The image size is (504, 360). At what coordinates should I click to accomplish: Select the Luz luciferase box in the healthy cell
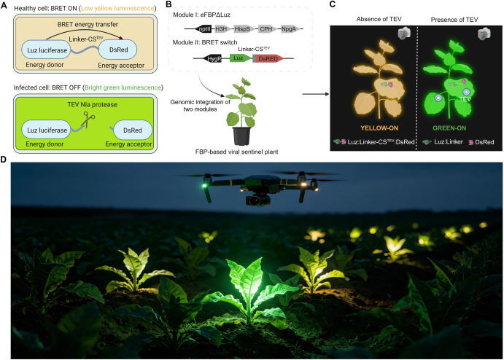click(46, 50)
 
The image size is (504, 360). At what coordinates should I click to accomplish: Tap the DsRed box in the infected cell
click(133, 130)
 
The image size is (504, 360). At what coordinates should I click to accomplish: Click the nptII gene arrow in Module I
click(203, 29)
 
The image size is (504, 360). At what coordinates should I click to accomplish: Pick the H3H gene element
click(222, 29)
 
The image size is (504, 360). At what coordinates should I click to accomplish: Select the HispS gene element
click(243, 29)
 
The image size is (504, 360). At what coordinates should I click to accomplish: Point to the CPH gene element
click(266, 29)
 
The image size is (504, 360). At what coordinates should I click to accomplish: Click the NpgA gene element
click(290, 29)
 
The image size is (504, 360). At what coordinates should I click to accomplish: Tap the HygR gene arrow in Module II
click(213, 58)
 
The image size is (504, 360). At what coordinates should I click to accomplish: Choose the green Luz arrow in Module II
click(241, 58)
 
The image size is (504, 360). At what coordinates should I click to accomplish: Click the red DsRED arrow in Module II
click(268, 58)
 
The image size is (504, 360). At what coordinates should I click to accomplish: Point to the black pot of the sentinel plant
click(241, 136)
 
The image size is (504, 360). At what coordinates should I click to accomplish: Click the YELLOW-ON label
click(379, 128)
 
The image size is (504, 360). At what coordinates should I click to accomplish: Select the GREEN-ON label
click(449, 128)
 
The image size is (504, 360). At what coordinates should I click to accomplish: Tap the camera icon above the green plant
click(484, 34)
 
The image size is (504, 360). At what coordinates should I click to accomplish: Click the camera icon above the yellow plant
click(404, 34)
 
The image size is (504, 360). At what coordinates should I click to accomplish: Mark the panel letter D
click(4, 160)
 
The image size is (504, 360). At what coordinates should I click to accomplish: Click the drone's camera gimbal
click(257, 200)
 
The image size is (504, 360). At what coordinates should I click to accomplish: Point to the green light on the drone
click(203, 185)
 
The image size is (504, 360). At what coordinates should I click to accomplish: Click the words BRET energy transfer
click(88, 24)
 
